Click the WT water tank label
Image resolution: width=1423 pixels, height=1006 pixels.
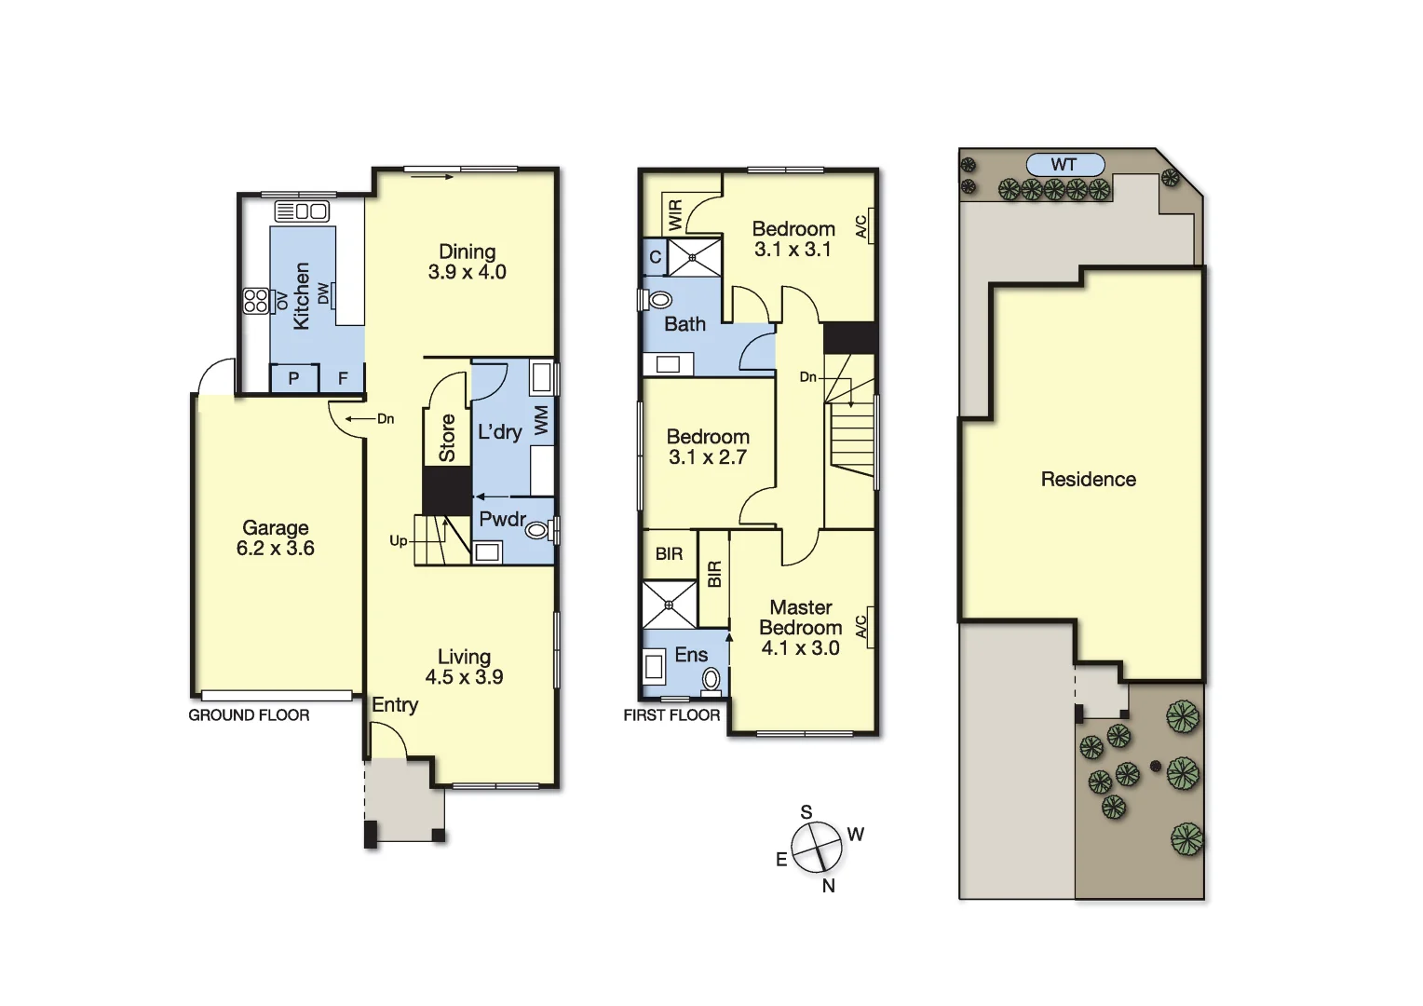tap(1064, 165)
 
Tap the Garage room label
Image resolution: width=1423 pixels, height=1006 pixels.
tap(275, 538)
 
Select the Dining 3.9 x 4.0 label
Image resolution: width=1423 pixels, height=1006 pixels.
tap(467, 262)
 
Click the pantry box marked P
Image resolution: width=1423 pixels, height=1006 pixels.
tap(293, 378)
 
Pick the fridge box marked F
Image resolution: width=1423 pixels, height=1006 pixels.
tap(343, 378)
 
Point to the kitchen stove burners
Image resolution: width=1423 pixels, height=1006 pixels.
tap(255, 301)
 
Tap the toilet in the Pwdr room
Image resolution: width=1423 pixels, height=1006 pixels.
tap(537, 530)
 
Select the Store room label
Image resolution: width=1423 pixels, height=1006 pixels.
tap(447, 438)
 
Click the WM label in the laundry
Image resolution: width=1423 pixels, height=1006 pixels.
tap(541, 419)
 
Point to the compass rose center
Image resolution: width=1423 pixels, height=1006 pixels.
tap(817, 847)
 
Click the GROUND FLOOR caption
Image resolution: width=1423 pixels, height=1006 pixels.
tap(249, 715)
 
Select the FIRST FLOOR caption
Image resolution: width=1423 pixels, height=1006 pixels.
tap(671, 715)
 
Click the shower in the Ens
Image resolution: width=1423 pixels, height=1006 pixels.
tap(669, 605)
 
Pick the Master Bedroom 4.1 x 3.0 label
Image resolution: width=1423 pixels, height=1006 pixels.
tap(801, 628)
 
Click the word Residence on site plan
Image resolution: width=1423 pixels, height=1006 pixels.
tap(1088, 480)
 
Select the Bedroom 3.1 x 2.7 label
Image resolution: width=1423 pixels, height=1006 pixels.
tap(708, 447)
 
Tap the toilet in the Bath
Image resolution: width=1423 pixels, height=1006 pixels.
tap(659, 300)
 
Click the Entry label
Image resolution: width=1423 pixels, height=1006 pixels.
tap(395, 705)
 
